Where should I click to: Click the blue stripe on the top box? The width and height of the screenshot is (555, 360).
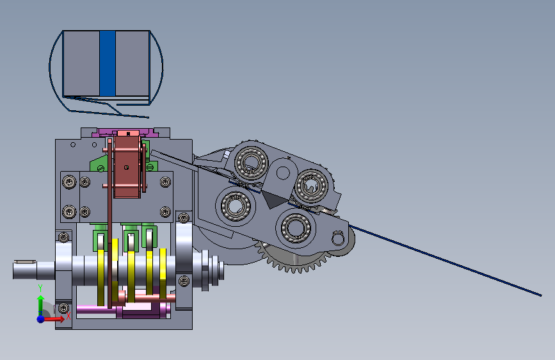(108, 63)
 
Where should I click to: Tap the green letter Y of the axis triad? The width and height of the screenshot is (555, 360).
(40, 288)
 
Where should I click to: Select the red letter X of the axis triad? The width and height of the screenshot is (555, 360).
(68, 316)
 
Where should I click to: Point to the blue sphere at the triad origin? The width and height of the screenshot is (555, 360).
(41, 319)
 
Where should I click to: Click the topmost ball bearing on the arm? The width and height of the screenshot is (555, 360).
(252, 163)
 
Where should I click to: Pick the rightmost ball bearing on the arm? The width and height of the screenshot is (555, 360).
(312, 185)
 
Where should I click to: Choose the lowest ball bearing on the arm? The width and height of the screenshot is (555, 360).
(296, 227)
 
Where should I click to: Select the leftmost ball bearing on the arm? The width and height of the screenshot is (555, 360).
(236, 206)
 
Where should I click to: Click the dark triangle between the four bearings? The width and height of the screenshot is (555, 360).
(273, 199)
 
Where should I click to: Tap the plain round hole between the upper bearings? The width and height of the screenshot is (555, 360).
(283, 173)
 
